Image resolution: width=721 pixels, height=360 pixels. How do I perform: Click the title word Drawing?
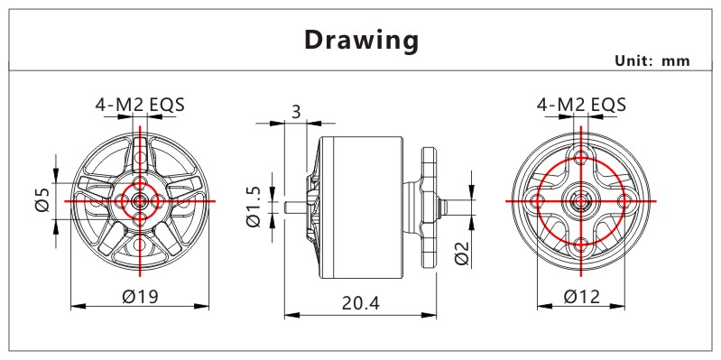point(362,41)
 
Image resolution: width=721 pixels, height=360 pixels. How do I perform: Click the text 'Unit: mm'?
point(652,60)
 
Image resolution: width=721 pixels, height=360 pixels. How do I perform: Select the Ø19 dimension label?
point(140,297)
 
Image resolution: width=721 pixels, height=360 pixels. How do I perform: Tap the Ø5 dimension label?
point(42,200)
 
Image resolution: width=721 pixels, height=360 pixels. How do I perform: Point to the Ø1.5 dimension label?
point(254,207)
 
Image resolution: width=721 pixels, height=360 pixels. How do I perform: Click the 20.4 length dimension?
point(361,303)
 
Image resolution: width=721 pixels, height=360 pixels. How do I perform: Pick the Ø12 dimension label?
point(582,297)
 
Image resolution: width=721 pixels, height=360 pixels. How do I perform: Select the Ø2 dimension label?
point(462,253)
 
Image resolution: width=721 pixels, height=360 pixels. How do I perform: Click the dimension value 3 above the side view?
point(296,112)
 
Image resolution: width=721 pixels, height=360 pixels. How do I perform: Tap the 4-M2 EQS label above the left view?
point(140,105)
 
